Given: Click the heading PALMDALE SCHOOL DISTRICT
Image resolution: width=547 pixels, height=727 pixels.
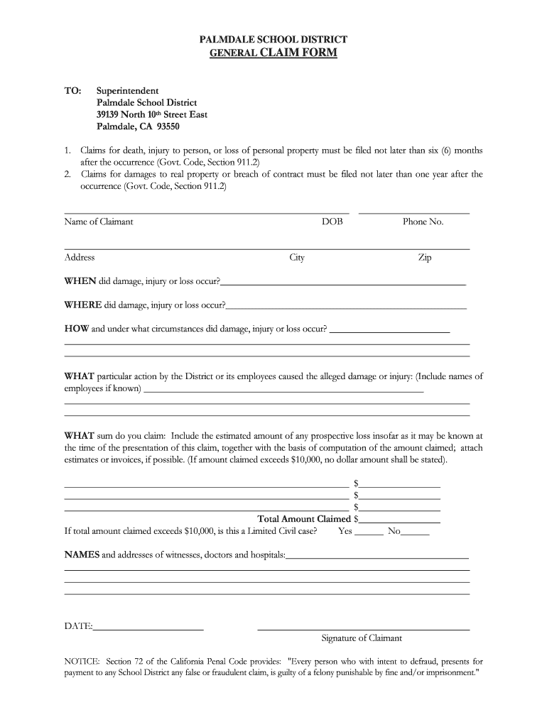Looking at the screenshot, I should tap(273, 40).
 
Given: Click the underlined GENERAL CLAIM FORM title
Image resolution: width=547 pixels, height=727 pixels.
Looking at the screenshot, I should tap(273, 53).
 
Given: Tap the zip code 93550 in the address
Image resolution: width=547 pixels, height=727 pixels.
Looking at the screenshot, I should tap(168, 127).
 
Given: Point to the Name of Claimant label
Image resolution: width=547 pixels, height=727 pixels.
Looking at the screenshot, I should tap(99, 222).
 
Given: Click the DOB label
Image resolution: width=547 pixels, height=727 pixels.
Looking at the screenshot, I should tap(332, 222).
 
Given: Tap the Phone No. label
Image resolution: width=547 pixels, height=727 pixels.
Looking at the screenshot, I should tap(423, 222).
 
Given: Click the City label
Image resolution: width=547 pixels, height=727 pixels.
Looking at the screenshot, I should tap(297, 258).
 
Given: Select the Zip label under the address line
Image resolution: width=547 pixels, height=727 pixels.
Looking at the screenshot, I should tap(424, 258).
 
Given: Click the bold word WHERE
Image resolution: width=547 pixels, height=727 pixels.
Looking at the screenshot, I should tap(83, 305).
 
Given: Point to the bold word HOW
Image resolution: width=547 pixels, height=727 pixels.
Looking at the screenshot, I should tap(77, 329).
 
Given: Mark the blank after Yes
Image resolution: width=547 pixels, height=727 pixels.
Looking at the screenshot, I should tap(369, 531).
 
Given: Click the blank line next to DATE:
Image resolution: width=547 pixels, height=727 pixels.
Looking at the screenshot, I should tap(148, 626).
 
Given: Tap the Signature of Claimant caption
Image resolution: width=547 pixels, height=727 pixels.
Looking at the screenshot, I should tap(362, 638).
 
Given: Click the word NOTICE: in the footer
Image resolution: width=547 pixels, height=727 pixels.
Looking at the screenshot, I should tap(83, 661).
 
